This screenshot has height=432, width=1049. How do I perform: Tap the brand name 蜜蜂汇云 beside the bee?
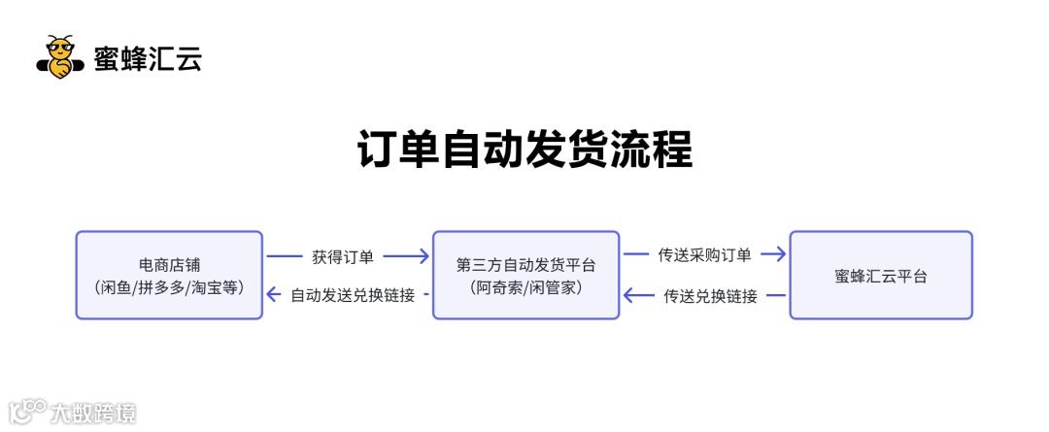point(148,59)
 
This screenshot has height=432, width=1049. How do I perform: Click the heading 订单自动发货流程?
point(524,150)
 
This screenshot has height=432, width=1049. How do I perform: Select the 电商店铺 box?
point(169,275)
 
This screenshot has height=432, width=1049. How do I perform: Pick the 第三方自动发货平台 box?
point(525,275)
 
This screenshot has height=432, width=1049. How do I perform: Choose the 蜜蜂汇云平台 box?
point(880,275)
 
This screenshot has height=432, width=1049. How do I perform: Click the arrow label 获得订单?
point(343,257)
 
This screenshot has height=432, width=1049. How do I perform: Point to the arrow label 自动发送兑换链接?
point(353,295)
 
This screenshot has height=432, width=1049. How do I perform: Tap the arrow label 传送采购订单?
point(704,255)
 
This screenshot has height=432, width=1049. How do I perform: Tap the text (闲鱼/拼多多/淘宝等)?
point(169,287)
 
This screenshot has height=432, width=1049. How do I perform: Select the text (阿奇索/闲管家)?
point(525,287)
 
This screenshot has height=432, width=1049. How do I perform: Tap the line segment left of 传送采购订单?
point(636,255)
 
